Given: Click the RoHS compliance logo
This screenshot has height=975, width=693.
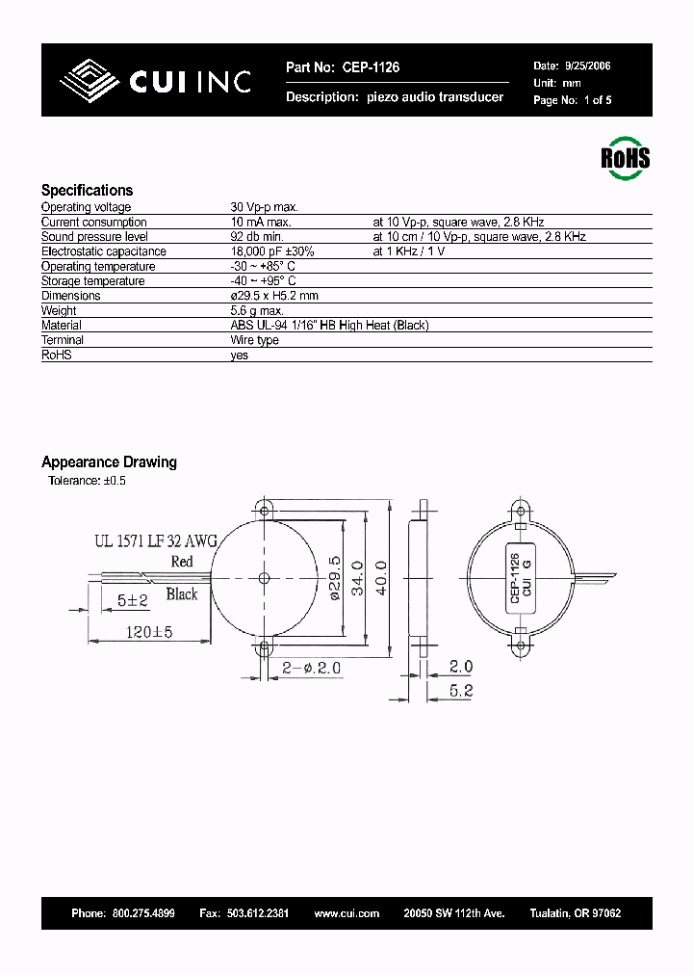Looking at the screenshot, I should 625,157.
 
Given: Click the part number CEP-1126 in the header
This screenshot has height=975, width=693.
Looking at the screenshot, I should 369,67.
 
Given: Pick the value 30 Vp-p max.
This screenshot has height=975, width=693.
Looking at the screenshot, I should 265,207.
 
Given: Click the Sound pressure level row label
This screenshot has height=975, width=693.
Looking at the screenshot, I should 94,237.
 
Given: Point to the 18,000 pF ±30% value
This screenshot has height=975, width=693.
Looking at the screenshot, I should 272,251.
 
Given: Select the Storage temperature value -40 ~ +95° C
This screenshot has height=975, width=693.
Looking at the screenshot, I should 263,281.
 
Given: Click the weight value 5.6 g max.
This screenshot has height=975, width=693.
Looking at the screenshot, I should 257,311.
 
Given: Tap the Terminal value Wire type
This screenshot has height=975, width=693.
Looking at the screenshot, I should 254,340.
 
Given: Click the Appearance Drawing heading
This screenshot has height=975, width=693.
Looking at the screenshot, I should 109,462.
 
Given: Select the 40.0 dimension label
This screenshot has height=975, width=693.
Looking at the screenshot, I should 381,577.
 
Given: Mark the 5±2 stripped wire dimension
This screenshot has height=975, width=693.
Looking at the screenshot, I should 132,600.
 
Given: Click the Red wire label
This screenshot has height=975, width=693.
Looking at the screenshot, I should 181,562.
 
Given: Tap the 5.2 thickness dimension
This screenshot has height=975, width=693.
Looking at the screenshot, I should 461,689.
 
